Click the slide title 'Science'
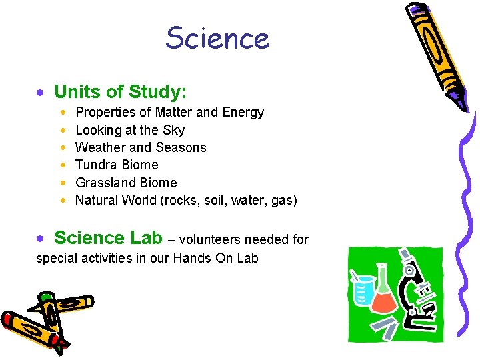pos(217,38)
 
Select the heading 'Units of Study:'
pos(120,91)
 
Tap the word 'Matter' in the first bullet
pos(175,113)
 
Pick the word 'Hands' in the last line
pos(192,258)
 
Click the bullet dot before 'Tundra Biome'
pos(62,165)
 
